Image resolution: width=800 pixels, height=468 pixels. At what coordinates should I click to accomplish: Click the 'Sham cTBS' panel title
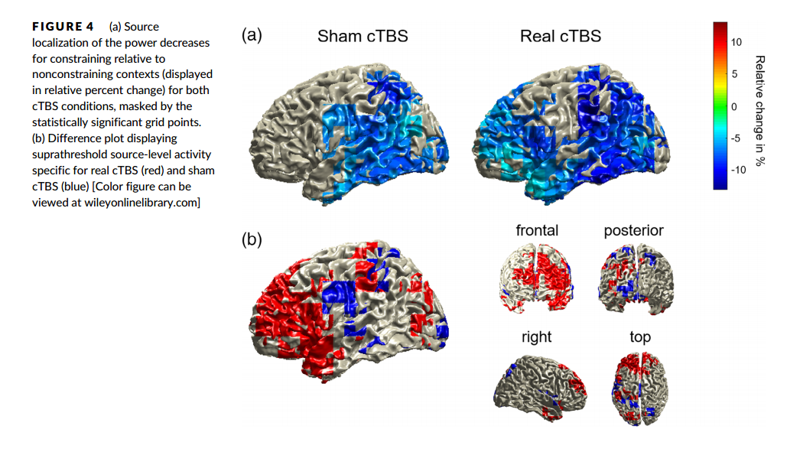click(363, 36)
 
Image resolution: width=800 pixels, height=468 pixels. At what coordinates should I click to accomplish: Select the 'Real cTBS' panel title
click(561, 36)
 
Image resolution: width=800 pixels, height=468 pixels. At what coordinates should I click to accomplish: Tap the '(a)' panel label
click(252, 34)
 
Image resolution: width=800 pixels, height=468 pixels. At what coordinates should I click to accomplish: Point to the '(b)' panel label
click(252, 239)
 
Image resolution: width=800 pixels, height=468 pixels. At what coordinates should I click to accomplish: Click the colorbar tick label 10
click(737, 42)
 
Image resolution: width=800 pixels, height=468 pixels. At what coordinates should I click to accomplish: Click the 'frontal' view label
click(537, 230)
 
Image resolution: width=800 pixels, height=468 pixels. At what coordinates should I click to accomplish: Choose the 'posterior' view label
click(633, 230)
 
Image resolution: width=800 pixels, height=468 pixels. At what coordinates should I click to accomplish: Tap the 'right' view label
click(536, 336)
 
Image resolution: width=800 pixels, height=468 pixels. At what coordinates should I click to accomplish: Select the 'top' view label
click(640, 336)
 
